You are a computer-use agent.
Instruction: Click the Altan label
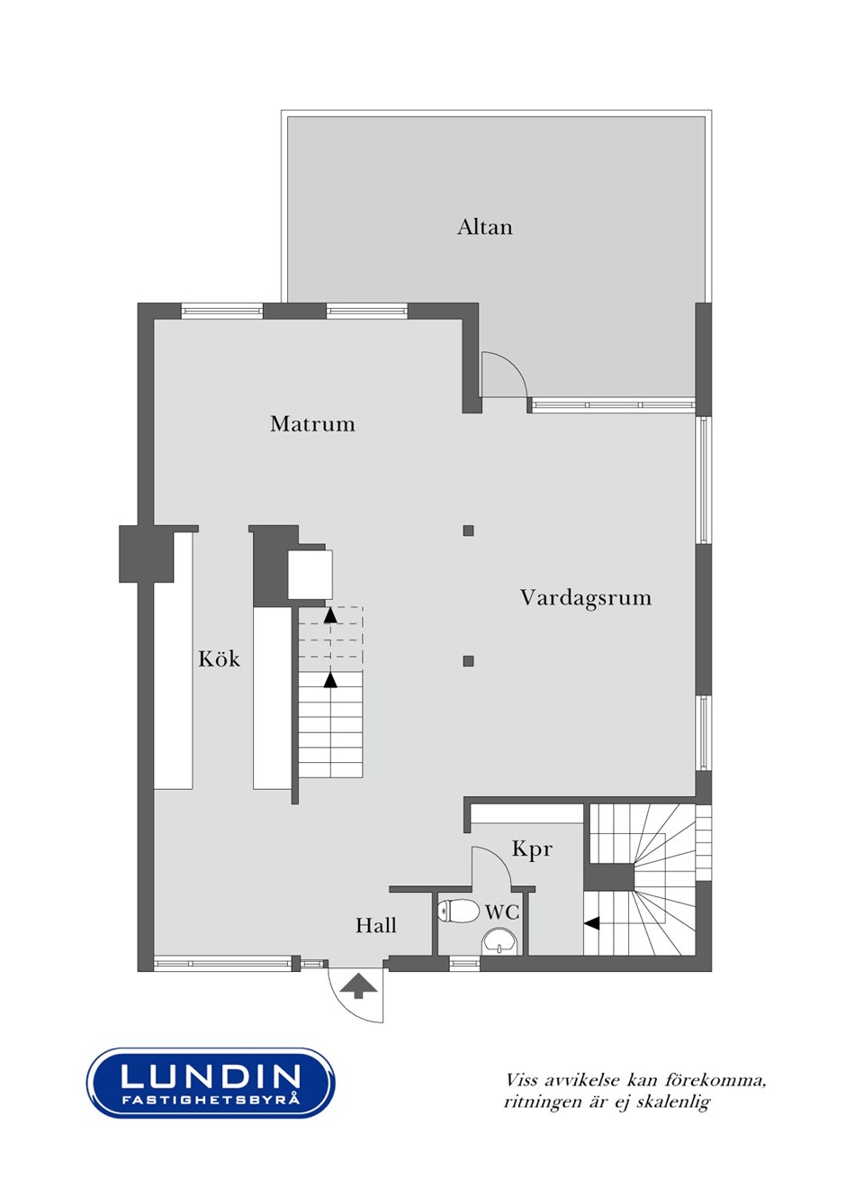point(485,227)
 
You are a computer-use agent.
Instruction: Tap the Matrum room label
point(312,424)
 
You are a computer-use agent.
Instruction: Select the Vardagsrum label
point(586,597)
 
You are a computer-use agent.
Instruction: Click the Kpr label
point(532,849)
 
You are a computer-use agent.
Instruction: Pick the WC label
point(502,912)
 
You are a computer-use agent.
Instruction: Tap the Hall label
point(376,925)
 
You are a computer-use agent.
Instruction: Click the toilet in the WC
point(458,911)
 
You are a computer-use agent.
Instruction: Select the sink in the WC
point(499,941)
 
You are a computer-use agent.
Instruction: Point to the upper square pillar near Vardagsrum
point(468,531)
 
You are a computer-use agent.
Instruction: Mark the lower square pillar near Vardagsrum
point(468,661)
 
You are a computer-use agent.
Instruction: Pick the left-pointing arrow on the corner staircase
point(591,923)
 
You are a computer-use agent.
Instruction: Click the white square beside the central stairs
point(310,575)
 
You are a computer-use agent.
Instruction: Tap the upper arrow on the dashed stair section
point(331,616)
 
